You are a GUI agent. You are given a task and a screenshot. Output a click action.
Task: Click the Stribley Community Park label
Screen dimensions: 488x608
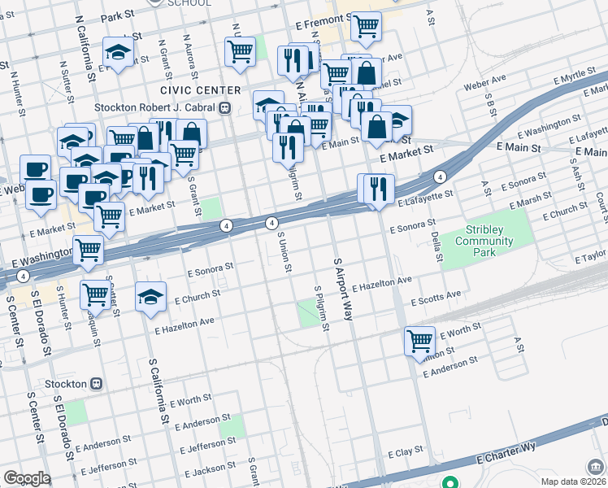pos(484,241)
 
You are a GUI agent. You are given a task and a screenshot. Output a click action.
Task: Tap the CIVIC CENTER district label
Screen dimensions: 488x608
pos(201,90)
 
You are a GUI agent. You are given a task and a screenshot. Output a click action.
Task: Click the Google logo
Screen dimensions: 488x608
pos(27,478)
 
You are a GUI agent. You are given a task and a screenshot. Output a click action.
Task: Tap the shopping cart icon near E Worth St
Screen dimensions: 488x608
pos(419,340)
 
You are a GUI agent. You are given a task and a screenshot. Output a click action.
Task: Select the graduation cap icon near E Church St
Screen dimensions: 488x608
pos(150,297)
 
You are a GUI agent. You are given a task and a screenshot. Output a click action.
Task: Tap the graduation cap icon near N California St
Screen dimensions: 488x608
pos(118,54)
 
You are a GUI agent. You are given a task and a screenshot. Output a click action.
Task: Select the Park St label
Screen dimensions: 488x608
pos(118,15)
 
